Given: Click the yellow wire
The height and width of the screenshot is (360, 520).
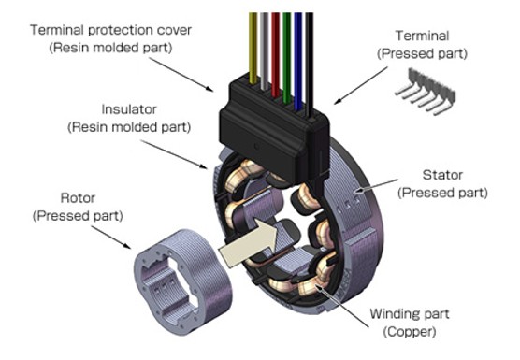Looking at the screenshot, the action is tap(253, 48).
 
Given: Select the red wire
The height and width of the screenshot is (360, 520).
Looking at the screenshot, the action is tap(275, 54).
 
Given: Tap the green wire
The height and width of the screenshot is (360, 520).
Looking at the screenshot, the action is tap(287, 58).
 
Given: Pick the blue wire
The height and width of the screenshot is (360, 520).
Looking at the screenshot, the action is tap(297, 62).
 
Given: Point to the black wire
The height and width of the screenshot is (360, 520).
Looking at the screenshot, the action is tap(309, 65).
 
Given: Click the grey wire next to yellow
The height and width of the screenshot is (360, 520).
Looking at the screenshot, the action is tap(264, 51).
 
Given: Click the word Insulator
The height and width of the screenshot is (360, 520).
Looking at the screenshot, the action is tap(129, 109).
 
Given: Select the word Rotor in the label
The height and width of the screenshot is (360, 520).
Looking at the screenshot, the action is tap(78, 198).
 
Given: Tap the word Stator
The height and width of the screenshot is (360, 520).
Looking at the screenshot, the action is tap(442, 175).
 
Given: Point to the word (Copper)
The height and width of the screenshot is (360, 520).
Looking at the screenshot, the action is tap(410, 332).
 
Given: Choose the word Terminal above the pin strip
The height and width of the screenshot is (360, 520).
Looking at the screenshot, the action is tap(422, 36).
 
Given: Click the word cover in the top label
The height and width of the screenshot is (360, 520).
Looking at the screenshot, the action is tap(174, 30).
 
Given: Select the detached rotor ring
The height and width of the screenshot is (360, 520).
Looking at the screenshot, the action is tap(183, 281).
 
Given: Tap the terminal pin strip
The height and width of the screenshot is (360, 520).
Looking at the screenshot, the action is tap(426, 91).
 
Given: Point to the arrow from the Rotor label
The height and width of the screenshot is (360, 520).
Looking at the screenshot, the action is tap(110, 237).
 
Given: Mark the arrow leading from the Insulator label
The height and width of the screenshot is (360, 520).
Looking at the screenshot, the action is tap(174, 154).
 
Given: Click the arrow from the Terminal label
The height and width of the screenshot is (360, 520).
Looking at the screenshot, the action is tap(360, 85).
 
